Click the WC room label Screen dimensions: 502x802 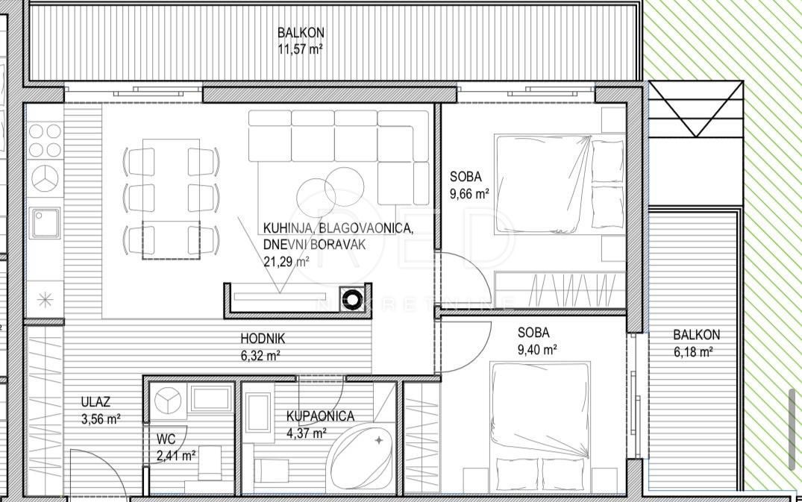(x=166, y=438)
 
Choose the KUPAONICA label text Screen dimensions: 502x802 (x=320, y=417)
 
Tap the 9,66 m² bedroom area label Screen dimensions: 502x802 (x=469, y=193)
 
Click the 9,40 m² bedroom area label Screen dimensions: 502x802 (x=537, y=349)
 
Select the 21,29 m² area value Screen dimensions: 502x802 (x=286, y=261)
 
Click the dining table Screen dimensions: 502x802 (x=172, y=199)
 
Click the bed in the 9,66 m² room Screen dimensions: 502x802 (x=560, y=183)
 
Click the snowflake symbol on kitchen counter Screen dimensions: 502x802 (x=45, y=301)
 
